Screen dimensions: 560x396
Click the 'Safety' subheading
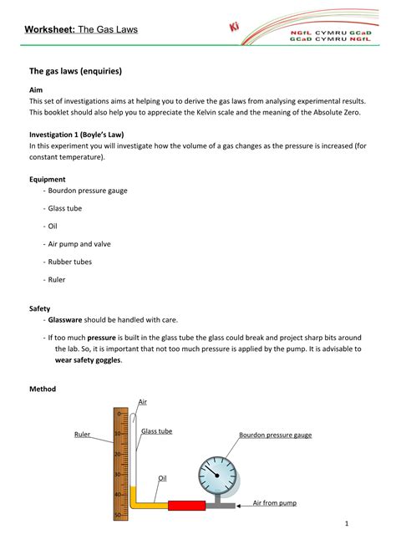click(x=40, y=308)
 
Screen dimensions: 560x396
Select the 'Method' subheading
click(x=43, y=389)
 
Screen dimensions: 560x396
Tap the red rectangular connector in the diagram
click(x=185, y=505)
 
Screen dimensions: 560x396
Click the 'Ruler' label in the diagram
click(x=82, y=435)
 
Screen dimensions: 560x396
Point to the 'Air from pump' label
click(x=274, y=503)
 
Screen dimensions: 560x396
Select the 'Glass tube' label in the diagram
click(x=156, y=431)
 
